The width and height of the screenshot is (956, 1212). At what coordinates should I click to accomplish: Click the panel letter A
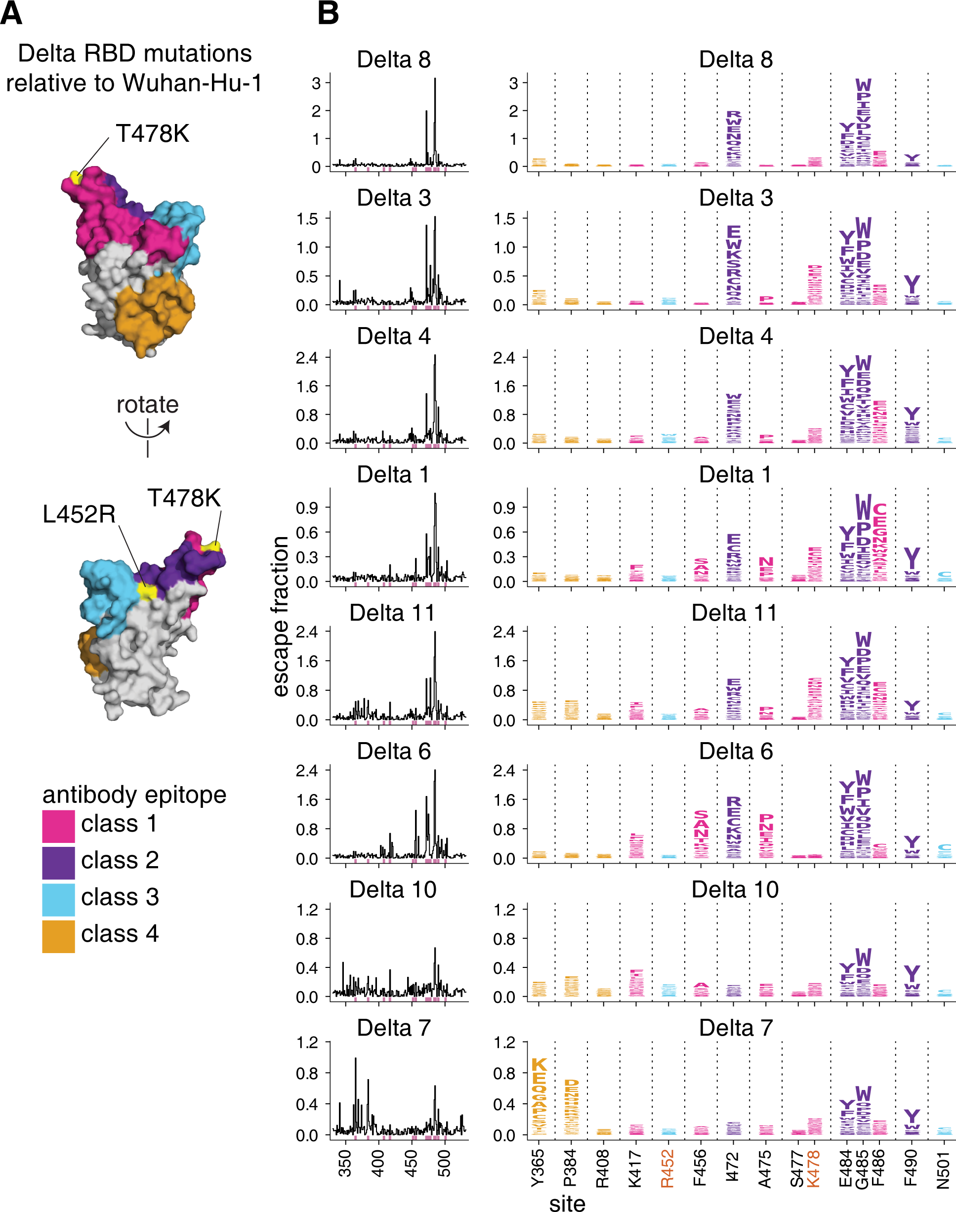click(11, 13)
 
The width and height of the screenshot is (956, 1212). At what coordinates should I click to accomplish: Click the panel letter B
click(328, 13)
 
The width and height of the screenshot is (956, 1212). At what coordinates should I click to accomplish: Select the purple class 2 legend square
click(58, 863)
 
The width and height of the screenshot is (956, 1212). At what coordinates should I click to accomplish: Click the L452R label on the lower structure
click(79, 514)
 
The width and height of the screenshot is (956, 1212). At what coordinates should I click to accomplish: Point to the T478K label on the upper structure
click(152, 134)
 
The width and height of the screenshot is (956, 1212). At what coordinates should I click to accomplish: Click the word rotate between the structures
click(147, 404)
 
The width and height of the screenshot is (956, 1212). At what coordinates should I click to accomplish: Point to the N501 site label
click(944, 1169)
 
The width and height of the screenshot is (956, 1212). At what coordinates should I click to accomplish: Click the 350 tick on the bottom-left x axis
click(345, 1163)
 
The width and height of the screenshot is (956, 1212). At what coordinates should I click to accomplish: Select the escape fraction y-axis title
click(280, 616)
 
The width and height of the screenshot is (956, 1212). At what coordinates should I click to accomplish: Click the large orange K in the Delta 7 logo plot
click(539, 1065)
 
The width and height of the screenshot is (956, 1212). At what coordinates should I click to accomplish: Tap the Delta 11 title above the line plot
click(392, 613)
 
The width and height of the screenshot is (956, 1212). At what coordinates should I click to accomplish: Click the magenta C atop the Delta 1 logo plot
click(879, 509)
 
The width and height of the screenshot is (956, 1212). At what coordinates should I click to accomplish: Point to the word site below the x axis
click(567, 1203)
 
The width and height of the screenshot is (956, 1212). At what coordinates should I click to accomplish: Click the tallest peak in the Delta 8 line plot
click(435, 80)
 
